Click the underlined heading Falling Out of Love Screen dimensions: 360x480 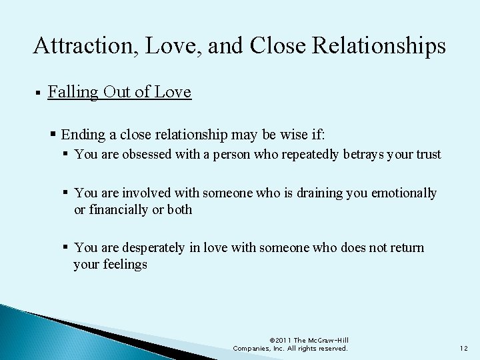(119, 92)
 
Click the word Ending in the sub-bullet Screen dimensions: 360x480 (83, 134)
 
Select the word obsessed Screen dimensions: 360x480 (145, 155)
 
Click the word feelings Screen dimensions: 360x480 (125, 264)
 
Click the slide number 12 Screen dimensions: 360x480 (463, 348)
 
